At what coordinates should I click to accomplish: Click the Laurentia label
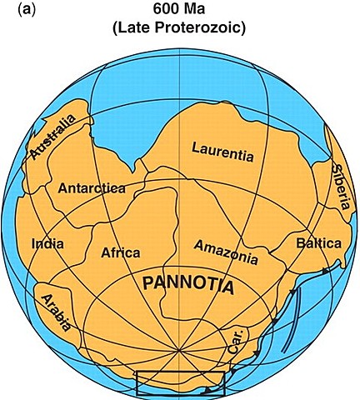[x=222, y=151]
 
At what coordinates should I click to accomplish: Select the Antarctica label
[x=92, y=188]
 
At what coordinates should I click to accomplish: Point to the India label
[x=47, y=244]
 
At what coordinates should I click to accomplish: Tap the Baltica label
[x=318, y=243]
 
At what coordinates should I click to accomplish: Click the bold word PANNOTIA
[x=190, y=284]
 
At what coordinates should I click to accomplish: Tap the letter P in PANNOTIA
[x=149, y=284]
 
